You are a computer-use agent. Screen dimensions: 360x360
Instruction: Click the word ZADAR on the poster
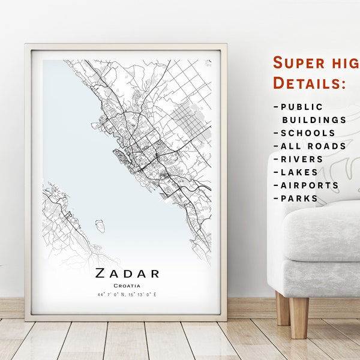[127, 274]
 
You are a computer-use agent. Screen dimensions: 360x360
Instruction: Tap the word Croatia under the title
[127, 286]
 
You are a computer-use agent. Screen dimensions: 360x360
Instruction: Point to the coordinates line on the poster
[127, 295]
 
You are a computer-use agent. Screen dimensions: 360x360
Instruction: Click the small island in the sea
[100, 226]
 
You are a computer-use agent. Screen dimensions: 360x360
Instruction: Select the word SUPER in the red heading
[296, 62]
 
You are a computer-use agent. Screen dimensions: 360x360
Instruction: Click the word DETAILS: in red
[309, 83]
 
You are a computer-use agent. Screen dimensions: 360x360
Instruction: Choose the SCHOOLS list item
[308, 133]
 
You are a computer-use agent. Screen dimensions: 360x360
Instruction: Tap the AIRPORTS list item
[309, 185]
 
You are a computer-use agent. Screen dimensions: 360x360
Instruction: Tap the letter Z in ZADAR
[99, 274]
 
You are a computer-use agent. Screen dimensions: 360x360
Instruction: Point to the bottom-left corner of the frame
[26, 319]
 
